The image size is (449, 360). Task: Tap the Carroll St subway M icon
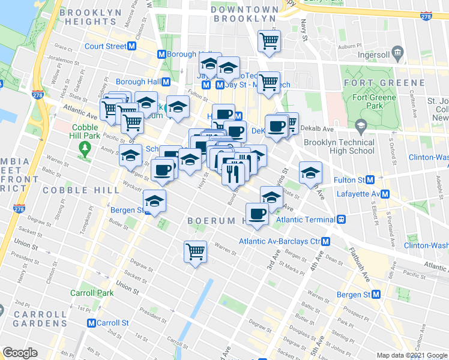tap(91, 322)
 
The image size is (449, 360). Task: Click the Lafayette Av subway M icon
tap(385, 194)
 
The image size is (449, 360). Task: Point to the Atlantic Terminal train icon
tap(341, 220)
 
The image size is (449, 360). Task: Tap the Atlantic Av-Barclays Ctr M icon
tap(325, 241)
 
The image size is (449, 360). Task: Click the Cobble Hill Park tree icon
tap(85, 147)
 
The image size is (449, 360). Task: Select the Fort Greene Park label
tap(374, 102)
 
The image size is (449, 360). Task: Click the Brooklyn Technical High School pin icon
tap(360, 127)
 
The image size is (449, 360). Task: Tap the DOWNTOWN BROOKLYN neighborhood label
tap(244, 14)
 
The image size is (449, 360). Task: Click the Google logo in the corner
tap(20, 353)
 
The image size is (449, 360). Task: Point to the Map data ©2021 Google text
tap(411, 355)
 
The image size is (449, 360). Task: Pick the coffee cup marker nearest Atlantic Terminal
tap(257, 214)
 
